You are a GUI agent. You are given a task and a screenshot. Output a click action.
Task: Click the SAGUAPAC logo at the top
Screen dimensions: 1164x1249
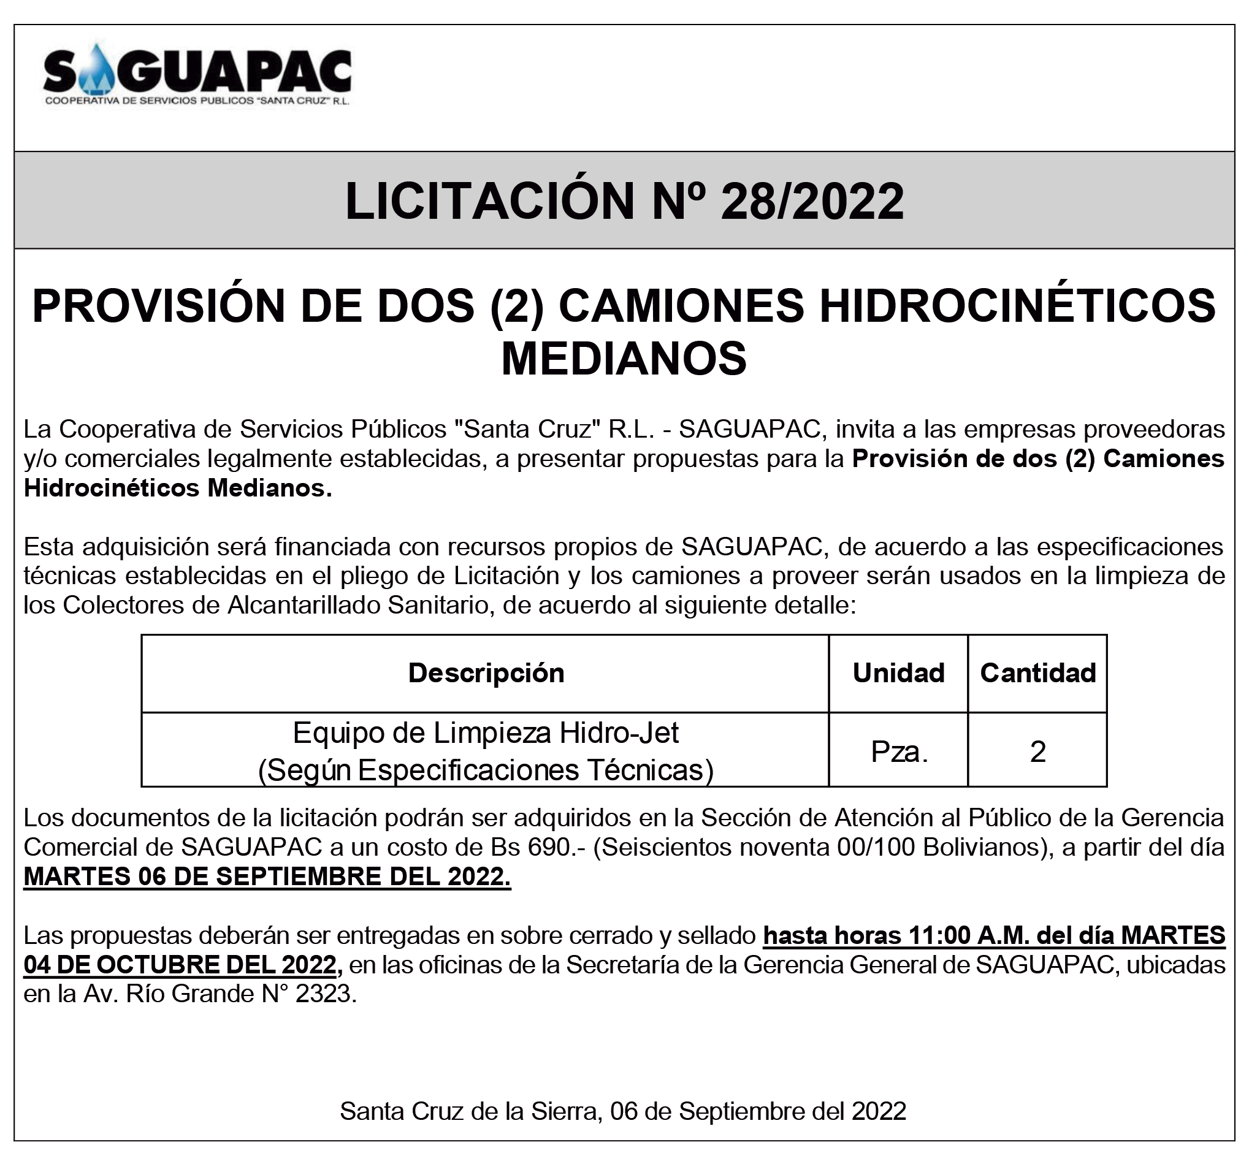click(x=197, y=75)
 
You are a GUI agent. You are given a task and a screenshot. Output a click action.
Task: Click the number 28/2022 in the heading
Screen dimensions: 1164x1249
click(x=812, y=201)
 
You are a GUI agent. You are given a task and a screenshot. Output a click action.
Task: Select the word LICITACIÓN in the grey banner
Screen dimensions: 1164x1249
click(x=490, y=201)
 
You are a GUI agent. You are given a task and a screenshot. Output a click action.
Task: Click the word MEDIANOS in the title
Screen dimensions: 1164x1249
click(x=624, y=359)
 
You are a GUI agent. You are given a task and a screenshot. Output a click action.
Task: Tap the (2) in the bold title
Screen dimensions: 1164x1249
click(x=516, y=306)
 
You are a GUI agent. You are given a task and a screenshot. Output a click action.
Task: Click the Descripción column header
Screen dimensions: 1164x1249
click(x=486, y=673)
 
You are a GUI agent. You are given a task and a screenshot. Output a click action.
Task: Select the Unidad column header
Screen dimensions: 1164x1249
click(x=898, y=673)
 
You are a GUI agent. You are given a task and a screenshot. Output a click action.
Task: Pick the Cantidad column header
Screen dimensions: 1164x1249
click(x=1037, y=673)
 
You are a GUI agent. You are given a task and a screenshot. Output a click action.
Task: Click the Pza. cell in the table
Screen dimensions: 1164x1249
click(x=899, y=751)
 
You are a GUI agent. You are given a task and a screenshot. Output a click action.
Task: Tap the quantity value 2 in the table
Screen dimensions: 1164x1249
click(x=1037, y=751)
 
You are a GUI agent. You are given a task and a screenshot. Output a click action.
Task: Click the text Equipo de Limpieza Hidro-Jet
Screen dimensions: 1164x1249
click(x=486, y=732)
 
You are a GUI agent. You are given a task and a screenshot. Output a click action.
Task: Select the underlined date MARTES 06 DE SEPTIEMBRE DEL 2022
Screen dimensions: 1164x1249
click(x=267, y=877)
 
